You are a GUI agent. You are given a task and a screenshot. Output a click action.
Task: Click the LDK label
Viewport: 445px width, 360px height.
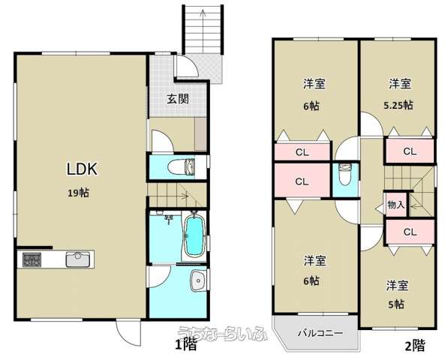pyautogui.click(x=83, y=169)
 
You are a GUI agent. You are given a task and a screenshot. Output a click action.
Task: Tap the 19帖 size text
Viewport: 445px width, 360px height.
pyautogui.click(x=79, y=193)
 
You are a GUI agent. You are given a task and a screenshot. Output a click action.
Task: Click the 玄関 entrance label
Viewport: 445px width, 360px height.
pyautogui.click(x=178, y=99)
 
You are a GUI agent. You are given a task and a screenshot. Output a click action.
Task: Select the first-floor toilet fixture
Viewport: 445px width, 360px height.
pyautogui.click(x=182, y=166)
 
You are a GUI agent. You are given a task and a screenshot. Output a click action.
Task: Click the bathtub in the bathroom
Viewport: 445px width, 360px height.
pyautogui.click(x=195, y=235)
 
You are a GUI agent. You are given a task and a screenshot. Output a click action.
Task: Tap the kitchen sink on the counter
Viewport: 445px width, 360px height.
pyautogui.click(x=78, y=259)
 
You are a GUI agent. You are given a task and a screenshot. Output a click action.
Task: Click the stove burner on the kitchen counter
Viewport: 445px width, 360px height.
pyautogui.click(x=32, y=259)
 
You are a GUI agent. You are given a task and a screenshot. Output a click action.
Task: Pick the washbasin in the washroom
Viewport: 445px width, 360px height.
pyautogui.click(x=197, y=280)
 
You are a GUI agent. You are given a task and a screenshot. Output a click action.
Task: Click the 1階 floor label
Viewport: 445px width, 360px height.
pyautogui.click(x=186, y=345)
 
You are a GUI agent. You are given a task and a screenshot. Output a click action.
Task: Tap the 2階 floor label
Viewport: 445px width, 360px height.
pyautogui.click(x=415, y=346)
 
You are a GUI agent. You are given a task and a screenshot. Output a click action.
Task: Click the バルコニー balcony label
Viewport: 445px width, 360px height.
pyautogui.click(x=320, y=332)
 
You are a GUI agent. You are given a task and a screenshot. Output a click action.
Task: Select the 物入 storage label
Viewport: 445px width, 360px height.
pyautogui.click(x=396, y=205)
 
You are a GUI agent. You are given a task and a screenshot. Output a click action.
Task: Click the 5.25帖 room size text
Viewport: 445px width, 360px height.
pyautogui.click(x=398, y=106)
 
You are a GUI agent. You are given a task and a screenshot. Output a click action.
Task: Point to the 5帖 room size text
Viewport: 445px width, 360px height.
pyautogui.click(x=396, y=304)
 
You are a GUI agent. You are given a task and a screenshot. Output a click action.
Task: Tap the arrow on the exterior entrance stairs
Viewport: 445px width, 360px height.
pyautogui.click(x=203, y=31)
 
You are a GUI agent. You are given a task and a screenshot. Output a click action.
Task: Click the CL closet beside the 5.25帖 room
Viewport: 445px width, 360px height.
pyautogui.click(x=410, y=151)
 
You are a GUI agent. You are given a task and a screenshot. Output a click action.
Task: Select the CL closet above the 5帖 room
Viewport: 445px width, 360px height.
pyautogui.click(x=410, y=232)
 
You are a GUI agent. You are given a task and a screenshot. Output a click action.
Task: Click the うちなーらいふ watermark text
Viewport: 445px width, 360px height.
pyautogui.click(x=223, y=333)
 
